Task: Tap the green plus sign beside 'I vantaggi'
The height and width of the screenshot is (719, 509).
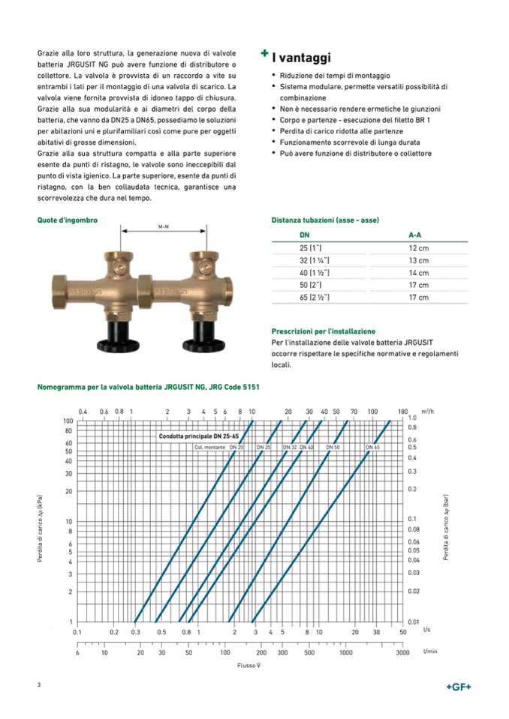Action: (x=264, y=54)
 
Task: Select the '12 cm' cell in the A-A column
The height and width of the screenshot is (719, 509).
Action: (x=418, y=247)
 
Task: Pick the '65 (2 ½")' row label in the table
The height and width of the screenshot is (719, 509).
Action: (x=316, y=298)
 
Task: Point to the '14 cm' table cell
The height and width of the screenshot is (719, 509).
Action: (x=418, y=273)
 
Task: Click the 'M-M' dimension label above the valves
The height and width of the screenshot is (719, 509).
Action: (x=164, y=226)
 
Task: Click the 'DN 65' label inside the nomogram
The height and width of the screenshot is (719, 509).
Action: (x=373, y=447)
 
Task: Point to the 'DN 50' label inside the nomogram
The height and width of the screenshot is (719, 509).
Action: (x=333, y=447)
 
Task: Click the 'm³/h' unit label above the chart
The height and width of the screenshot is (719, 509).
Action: (x=427, y=411)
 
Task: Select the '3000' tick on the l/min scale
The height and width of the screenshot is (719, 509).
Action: (x=402, y=653)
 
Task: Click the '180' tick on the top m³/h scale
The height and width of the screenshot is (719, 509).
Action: (x=402, y=412)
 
